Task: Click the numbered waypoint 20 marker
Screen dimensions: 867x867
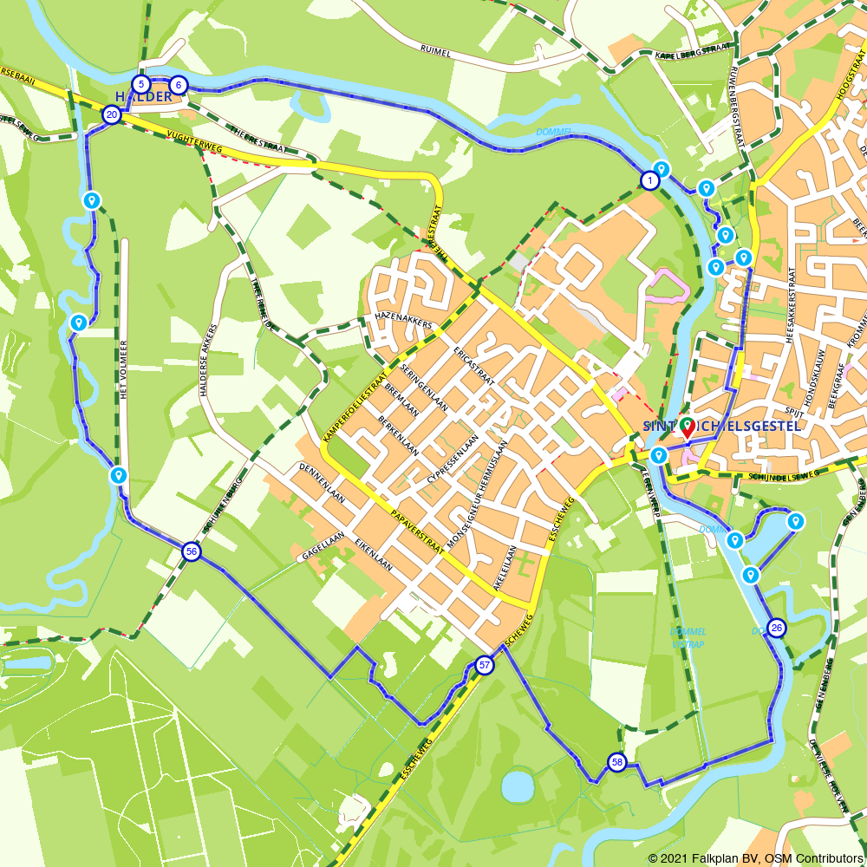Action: point(112,114)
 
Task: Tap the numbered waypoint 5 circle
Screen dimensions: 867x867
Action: point(141,85)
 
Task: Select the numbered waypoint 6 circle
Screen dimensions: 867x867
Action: point(178,85)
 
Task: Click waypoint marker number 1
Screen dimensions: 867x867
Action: point(649,180)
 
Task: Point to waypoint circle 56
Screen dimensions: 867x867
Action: point(191,551)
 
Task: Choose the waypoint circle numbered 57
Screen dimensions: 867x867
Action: point(484,666)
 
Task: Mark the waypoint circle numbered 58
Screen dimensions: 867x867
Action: point(616,762)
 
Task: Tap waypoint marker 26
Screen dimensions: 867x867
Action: point(776,629)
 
